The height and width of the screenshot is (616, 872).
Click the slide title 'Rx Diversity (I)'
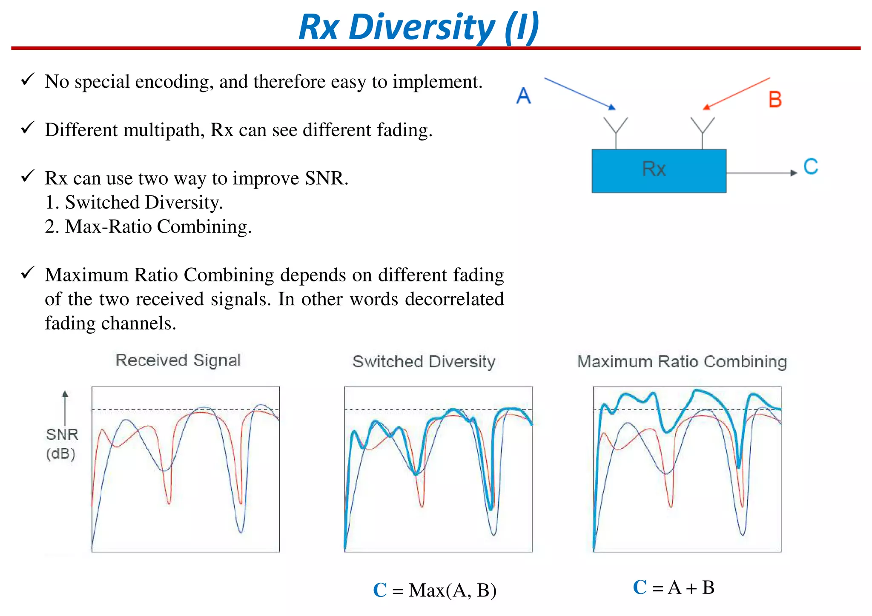[419, 27]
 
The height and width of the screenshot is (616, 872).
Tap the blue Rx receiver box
[658, 170]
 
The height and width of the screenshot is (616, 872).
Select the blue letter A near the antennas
[523, 95]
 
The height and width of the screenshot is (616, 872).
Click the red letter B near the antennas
[775, 100]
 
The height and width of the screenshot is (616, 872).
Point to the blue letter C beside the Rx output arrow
[810, 166]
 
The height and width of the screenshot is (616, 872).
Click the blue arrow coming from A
[579, 94]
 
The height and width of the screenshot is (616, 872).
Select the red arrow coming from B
[737, 93]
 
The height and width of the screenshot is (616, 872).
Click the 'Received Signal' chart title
[178, 360]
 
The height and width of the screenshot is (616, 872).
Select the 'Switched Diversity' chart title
[424, 361]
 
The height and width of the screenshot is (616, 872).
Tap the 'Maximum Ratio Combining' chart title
[682, 361]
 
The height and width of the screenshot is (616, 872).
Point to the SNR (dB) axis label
[62, 444]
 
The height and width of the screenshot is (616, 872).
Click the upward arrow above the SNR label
[65, 407]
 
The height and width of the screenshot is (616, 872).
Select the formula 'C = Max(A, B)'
[434, 590]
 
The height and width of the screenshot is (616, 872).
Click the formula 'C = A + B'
[674, 587]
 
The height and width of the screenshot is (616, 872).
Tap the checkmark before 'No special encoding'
[28, 79]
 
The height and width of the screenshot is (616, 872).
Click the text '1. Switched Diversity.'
[134, 202]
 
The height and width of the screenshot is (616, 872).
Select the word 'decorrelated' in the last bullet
[454, 299]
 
